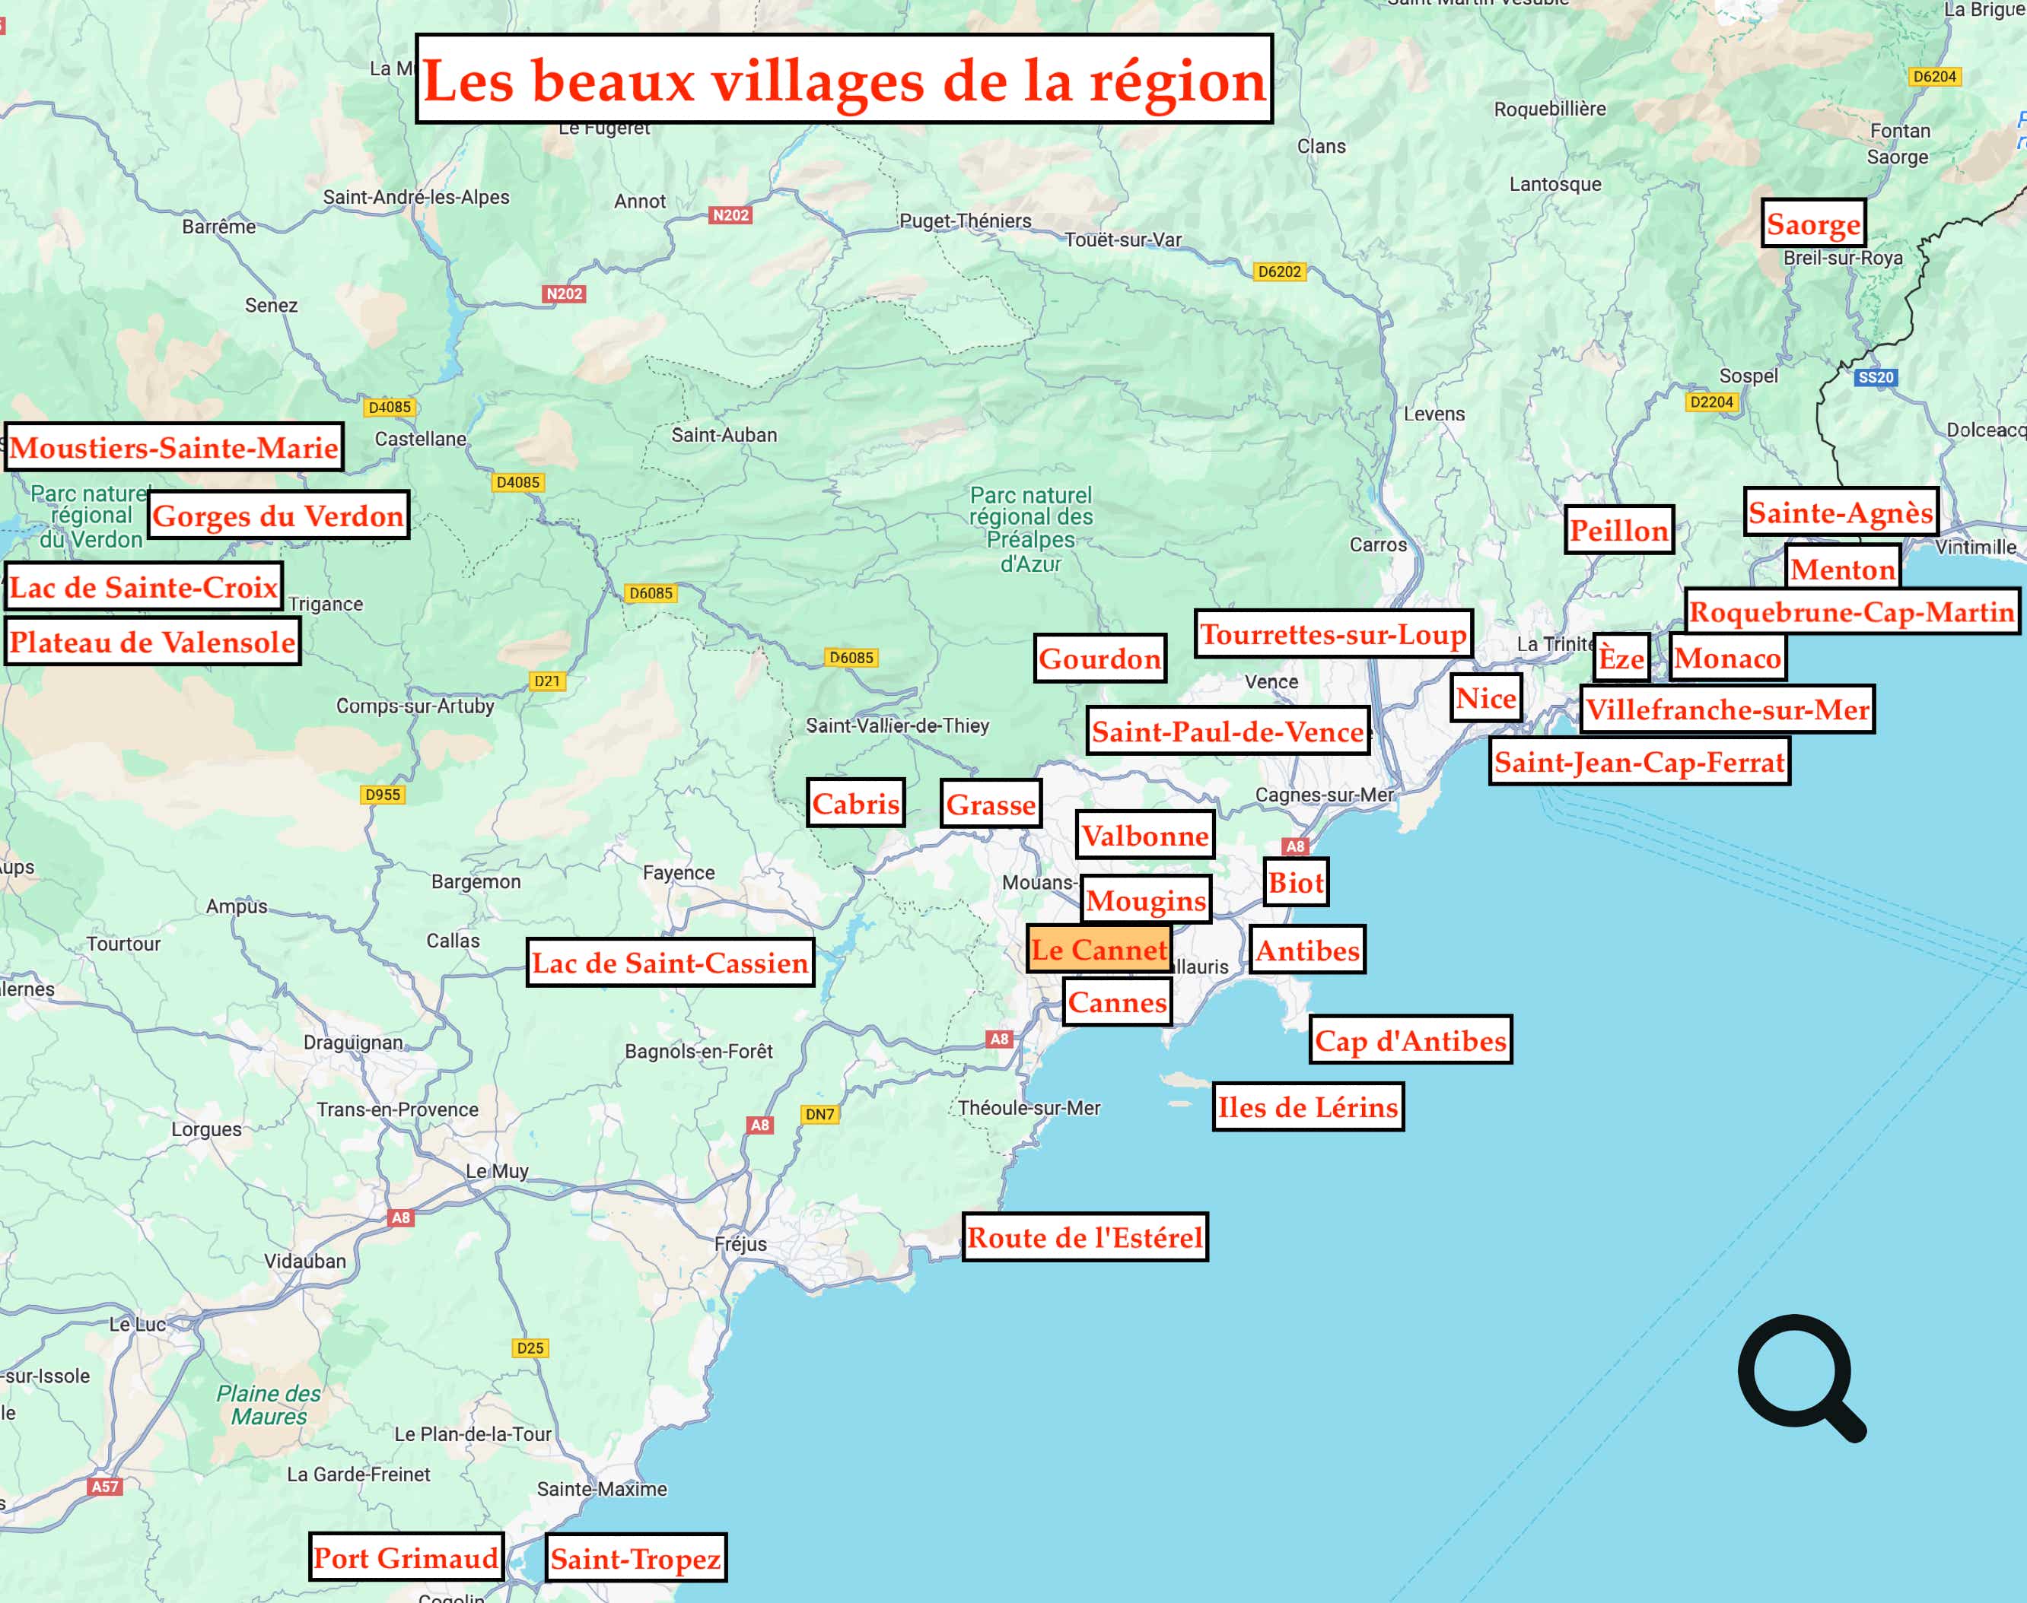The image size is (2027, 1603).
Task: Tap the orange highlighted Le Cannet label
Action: pyautogui.click(x=1099, y=950)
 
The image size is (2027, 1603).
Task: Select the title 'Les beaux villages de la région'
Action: pyautogui.click(x=843, y=80)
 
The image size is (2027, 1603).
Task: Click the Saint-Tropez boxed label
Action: pyautogui.click(x=635, y=1559)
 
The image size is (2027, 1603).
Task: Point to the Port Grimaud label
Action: pyautogui.click(x=406, y=1558)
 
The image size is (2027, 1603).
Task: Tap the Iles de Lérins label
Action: pyautogui.click(x=1308, y=1107)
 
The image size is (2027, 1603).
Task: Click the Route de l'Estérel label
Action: pyautogui.click(x=1084, y=1237)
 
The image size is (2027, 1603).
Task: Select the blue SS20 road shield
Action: pyautogui.click(x=1875, y=377)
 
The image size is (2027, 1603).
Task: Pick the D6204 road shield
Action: pyautogui.click(x=1935, y=76)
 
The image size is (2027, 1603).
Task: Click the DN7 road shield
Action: pyautogui.click(x=819, y=1114)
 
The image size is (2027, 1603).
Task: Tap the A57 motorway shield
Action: pyautogui.click(x=105, y=1487)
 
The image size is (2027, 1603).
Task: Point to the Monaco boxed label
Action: pyautogui.click(x=1727, y=658)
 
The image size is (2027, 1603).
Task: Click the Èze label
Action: pyautogui.click(x=1621, y=658)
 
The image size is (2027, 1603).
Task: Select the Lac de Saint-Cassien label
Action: pyautogui.click(x=670, y=963)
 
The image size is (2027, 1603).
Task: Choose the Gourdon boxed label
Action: pyautogui.click(x=1100, y=659)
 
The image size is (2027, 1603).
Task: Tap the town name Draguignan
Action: pyautogui.click(x=353, y=1043)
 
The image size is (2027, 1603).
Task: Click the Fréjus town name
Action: pyautogui.click(x=741, y=1245)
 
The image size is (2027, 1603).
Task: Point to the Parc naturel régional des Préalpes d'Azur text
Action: pyautogui.click(x=1031, y=529)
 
